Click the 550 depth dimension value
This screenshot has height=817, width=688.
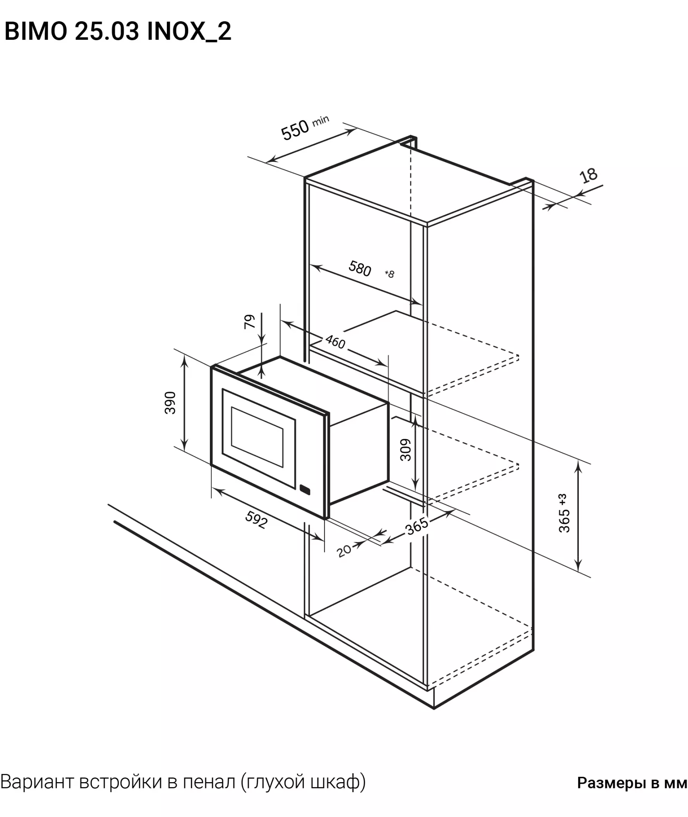click(295, 130)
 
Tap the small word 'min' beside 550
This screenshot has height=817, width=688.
click(321, 120)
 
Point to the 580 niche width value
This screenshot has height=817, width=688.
click(360, 269)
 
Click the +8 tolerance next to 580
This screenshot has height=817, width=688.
click(389, 274)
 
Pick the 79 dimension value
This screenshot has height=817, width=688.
click(250, 322)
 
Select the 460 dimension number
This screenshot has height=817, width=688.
click(335, 342)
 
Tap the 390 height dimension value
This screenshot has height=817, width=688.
click(170, 403)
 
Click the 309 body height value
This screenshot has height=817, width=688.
click(406, 450)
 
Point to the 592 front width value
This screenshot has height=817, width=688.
click(256, 520)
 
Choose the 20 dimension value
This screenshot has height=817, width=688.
click(344, 551)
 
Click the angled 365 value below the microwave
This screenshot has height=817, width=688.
click(417, 526)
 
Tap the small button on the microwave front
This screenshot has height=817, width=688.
click(305, 490)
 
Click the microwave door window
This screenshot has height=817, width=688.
click(257, 437)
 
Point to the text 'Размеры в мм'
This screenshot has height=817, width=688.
click(632, 783)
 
